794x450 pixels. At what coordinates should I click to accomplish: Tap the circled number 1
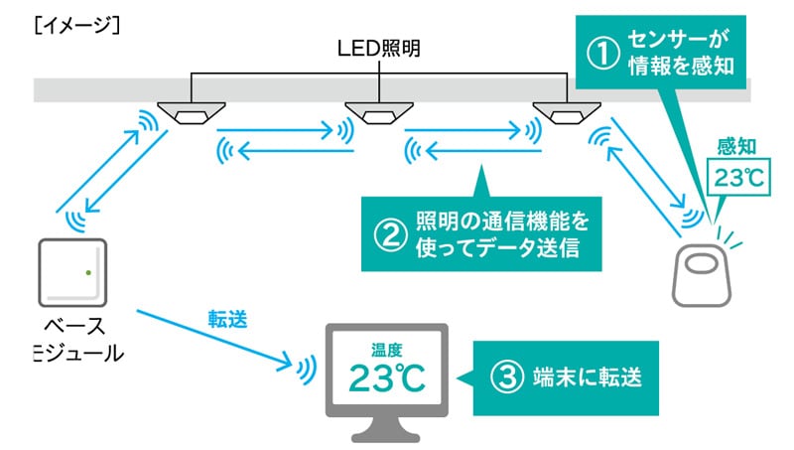pyautogui.click(x=598, y=52)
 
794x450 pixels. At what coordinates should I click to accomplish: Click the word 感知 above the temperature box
pyautogui.click(x=736, y=149)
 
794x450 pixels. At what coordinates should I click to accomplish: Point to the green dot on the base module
pyautogui.click(x=89, y=271)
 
